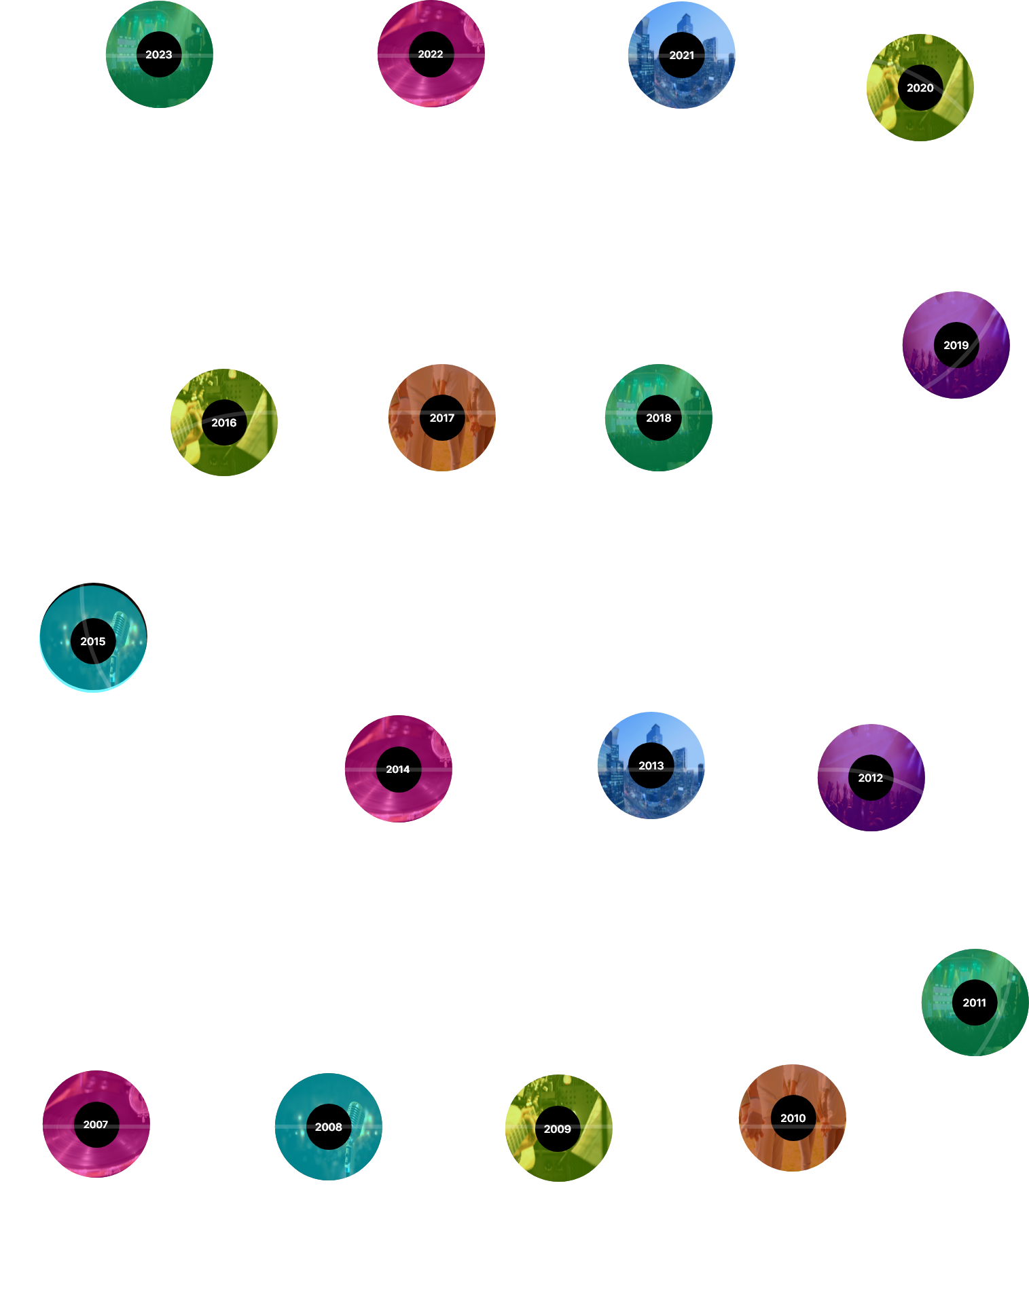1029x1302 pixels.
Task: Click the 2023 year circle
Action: click(159, 54)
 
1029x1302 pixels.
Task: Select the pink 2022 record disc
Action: click(431, 54)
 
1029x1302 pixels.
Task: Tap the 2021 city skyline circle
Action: click(681, 55)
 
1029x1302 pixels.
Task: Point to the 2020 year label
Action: click(920, 88)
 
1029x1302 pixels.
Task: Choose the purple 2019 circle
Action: click(956, 345)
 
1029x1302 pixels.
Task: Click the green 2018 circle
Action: click(658, 418)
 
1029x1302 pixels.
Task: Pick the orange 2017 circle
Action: click(441, 418)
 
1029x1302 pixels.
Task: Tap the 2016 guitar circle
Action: click(223, 422)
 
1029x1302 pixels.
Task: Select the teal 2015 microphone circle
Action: click(93, 640)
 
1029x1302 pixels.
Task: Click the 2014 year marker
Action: click(398, 769)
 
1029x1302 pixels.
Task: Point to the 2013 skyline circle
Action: click(651, 765)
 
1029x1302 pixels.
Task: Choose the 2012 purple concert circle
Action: click(870, 778)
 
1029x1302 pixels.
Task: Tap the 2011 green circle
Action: click(974, 1002)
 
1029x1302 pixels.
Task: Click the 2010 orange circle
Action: click(793, 1118)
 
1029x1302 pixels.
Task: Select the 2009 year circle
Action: click(558, 1129)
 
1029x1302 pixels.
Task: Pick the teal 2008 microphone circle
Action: click(328, 1127)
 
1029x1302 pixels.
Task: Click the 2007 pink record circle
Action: click(96, 1124)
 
